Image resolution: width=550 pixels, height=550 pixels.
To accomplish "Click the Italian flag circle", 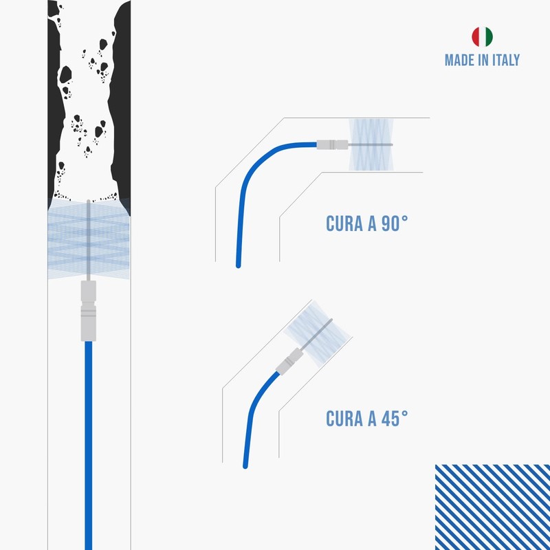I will click(x=481, y=36).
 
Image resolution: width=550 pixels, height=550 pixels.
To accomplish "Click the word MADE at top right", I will click(x=459, y=60).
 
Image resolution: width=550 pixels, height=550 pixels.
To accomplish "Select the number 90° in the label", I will click(x=395, y=225).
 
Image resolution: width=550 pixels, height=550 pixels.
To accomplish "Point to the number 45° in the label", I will click(x=394, y=418).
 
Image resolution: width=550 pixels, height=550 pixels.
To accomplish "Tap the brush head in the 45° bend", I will click(x=318, y=336).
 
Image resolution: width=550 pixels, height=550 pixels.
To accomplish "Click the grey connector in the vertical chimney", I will click(x=88, y=311).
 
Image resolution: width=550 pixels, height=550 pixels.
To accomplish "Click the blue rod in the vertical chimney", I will click(x=88, y=440).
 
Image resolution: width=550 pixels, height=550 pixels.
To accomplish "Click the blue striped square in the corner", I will click(x=492, y=507).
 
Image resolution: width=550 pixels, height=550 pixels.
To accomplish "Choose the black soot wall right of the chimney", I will click(x=122, y=103).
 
